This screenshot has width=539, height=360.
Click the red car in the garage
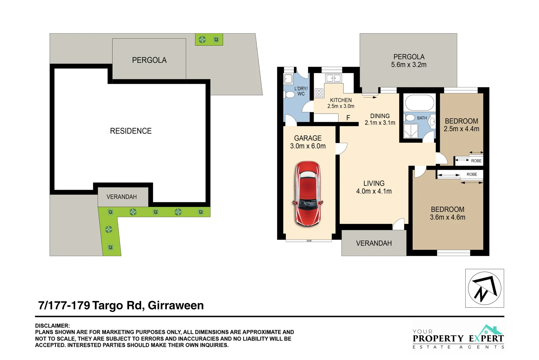[308, 193]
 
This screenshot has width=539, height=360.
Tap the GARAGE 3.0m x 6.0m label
[308, 142]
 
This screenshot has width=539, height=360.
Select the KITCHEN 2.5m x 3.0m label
[341, 103]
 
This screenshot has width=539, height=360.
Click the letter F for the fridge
[348, 118]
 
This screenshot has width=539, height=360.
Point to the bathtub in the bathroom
[419, 103]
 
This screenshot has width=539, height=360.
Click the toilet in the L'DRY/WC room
[289, 94]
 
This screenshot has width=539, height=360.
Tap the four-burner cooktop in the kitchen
[319, 92]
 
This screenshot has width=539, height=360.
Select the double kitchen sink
[333, 78]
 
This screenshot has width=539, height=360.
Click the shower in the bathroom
[410, 131]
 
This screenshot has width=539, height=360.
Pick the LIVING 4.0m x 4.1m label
[374, 187]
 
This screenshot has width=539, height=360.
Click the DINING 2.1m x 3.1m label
[380, 119]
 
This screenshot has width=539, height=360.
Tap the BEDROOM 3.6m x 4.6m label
[447, 213]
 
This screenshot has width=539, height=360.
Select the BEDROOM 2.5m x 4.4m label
[461, 125]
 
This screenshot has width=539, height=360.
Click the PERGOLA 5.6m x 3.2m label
[409, 61]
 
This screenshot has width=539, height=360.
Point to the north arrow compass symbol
[484, 288]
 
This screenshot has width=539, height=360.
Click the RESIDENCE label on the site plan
[131, 131]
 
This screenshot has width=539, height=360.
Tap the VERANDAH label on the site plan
[122, 197]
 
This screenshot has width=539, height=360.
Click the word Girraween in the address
[176, 305]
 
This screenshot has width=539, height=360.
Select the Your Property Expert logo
[458, 337]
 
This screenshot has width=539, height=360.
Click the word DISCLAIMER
[52, 326]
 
